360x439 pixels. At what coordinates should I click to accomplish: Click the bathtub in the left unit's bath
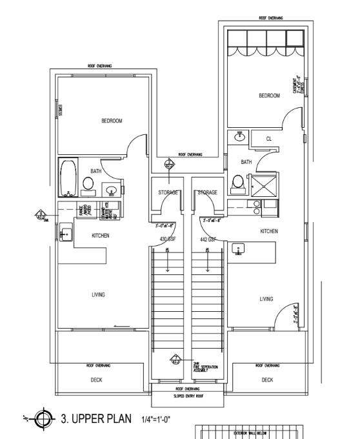click(68, 178)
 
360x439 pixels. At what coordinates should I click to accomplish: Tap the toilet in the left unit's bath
click(88, 184)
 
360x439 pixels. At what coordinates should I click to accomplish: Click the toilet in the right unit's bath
click(237, 185)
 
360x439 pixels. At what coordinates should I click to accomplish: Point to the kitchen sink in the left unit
click(65, 234)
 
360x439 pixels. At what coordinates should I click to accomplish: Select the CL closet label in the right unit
click(269, 138)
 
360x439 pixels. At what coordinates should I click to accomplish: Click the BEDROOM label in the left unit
click(112, 121)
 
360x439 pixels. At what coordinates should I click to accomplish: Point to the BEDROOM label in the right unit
click(269, 96)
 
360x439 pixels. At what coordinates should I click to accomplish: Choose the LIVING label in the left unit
click(98, 294)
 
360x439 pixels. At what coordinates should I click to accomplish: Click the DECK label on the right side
click(268, 380)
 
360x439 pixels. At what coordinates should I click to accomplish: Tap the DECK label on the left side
click(96, 380)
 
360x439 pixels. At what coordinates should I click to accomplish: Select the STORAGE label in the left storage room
click(168, 192)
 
